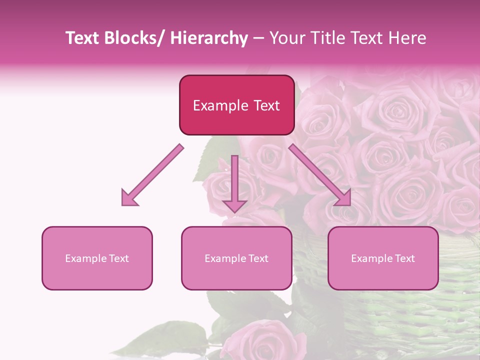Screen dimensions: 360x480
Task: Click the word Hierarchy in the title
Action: click(x=209, y=38)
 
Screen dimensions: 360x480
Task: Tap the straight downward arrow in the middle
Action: click(x=234, y=180)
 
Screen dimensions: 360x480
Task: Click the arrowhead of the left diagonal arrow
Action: click(x=129, y=198)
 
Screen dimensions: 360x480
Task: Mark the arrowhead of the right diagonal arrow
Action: click(x=343, y=198)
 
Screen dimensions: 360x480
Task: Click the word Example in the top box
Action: click(x=220, y=105)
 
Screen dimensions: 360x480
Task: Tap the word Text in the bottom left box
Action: click(x=118, y=258)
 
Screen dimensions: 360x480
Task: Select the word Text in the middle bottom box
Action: click(x=257, y=258)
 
